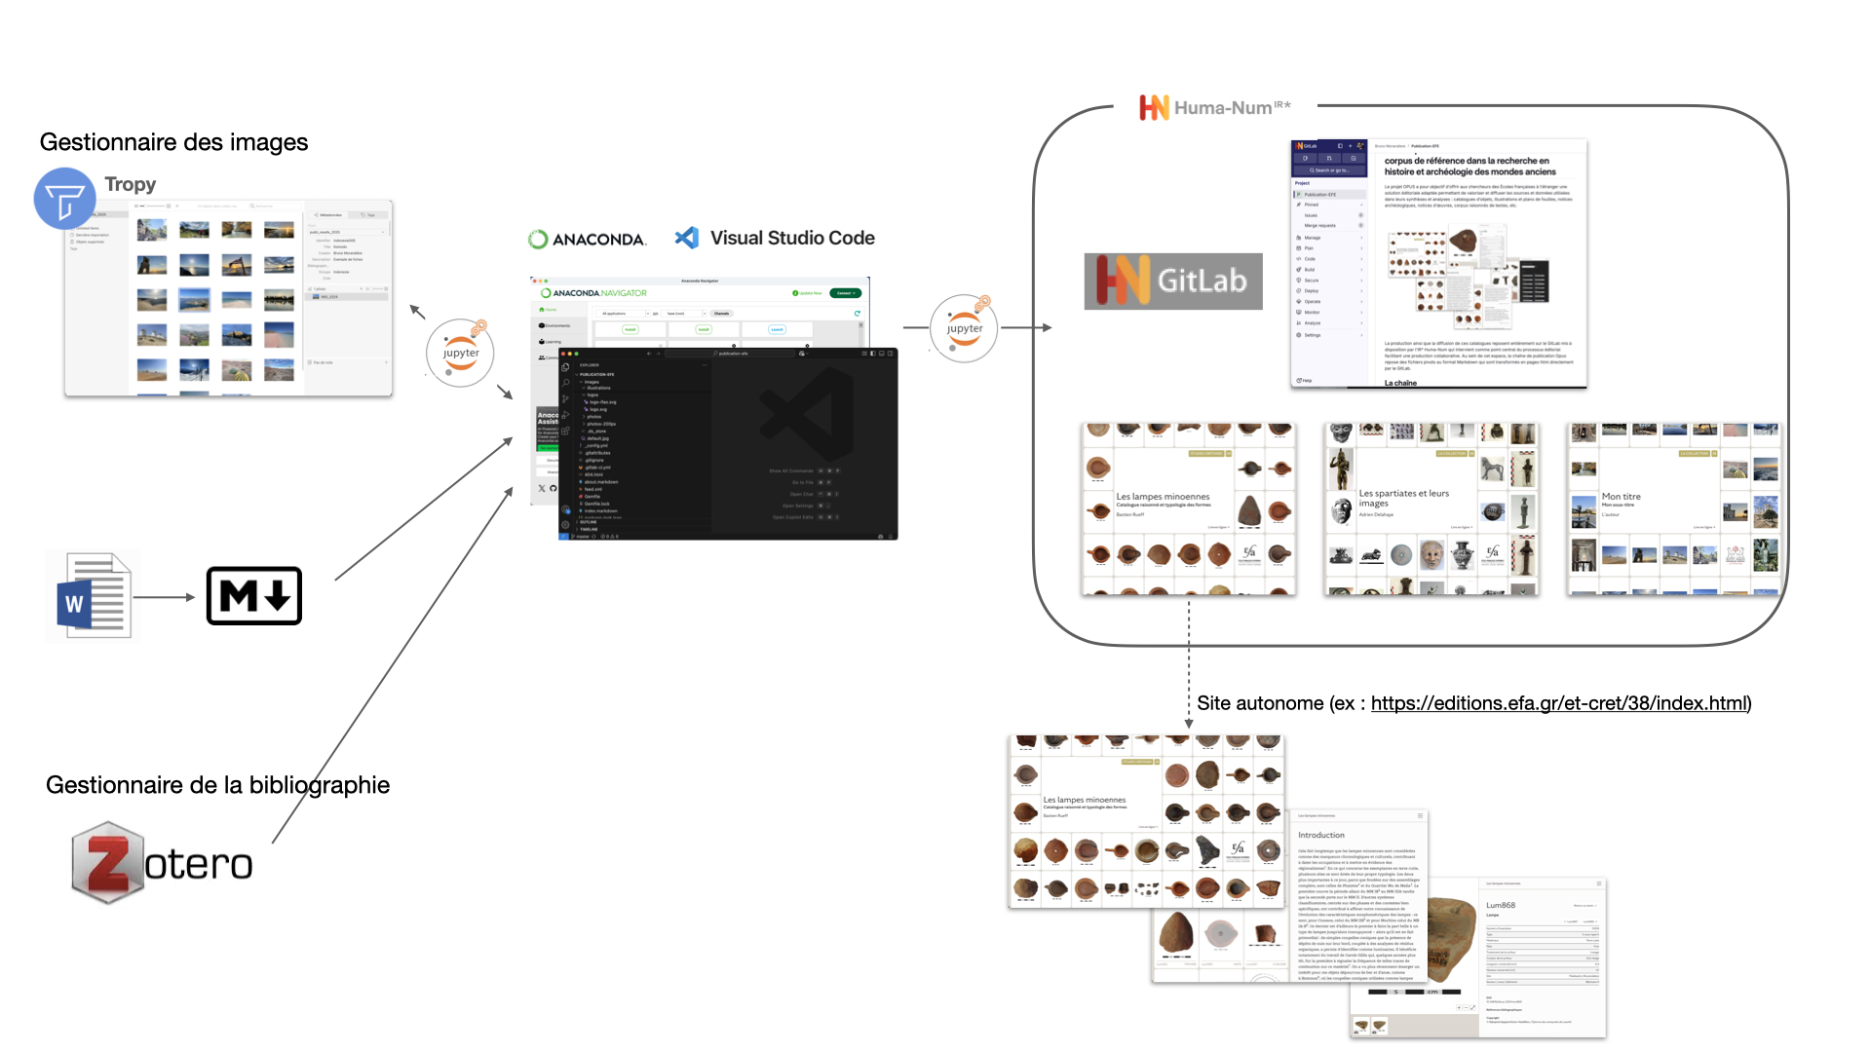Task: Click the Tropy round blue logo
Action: coord(64,199)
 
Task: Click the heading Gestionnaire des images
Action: coord(173,142)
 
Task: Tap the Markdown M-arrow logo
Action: coord(254,596)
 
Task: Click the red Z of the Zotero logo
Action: coord(107,862)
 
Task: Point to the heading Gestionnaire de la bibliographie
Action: coord(217,785)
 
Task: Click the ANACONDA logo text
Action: coord(588,239)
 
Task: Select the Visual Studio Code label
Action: coord(791,238)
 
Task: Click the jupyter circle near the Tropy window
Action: coord(460,353)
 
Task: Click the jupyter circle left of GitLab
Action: coord(964,328)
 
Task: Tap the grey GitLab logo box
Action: coord(1173,282)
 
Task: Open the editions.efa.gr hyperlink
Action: coord(1559,703)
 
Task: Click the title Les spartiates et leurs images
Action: coord(1403,498)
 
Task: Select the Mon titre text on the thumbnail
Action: coord(1621,497)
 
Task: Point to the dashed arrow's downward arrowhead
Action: coord(1189,723)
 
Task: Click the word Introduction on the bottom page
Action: coord(1320,835)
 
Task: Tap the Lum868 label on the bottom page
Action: coord(1500,905)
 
